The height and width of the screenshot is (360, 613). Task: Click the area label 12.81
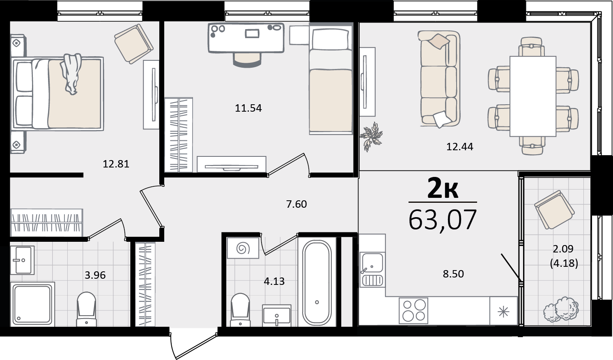click(116, 164)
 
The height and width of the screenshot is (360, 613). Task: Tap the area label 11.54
click(248, 108)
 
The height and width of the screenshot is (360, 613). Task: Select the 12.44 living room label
click(460, 147)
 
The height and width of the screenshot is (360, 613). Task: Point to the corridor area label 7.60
click(297, 204)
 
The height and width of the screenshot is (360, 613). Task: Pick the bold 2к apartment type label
click(443, 188)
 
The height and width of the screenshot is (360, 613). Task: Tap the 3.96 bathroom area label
click(95, 275)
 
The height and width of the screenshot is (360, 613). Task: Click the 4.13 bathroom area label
click(274, 281)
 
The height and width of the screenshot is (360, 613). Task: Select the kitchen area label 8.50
click(453, 274)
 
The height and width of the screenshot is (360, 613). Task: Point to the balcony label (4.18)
click(564, 263)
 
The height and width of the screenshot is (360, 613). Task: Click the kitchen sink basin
click(372, 263)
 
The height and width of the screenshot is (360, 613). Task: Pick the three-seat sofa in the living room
click(439, 79)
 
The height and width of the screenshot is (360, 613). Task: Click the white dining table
click(533, 96)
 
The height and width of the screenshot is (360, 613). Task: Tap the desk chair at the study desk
click(247, 60)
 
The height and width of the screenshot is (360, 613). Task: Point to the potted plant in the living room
click(371, 137)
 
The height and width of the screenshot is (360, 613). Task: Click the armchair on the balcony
click(554, 210)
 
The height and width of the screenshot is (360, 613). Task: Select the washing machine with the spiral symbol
click(243, 248)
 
